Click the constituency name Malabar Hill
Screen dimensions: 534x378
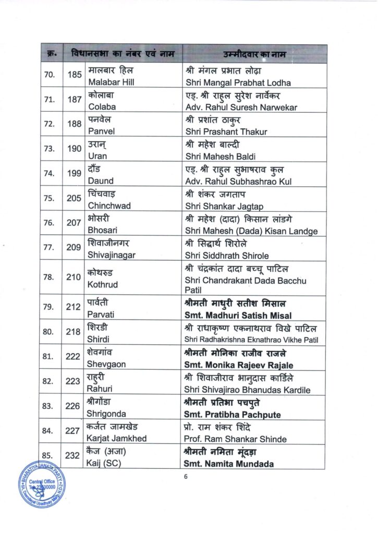(x=109, y=82)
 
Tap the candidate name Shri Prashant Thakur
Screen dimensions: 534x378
(x=226, y=132)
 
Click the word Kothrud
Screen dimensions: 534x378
(x=103, y=285)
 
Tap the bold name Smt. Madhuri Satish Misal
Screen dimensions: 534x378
(x=238, y=315)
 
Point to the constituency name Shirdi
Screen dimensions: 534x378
(x=99, y=339)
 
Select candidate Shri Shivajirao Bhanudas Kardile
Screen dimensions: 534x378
(x=248, y=390)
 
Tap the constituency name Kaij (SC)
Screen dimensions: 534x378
(x=105, y=463)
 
